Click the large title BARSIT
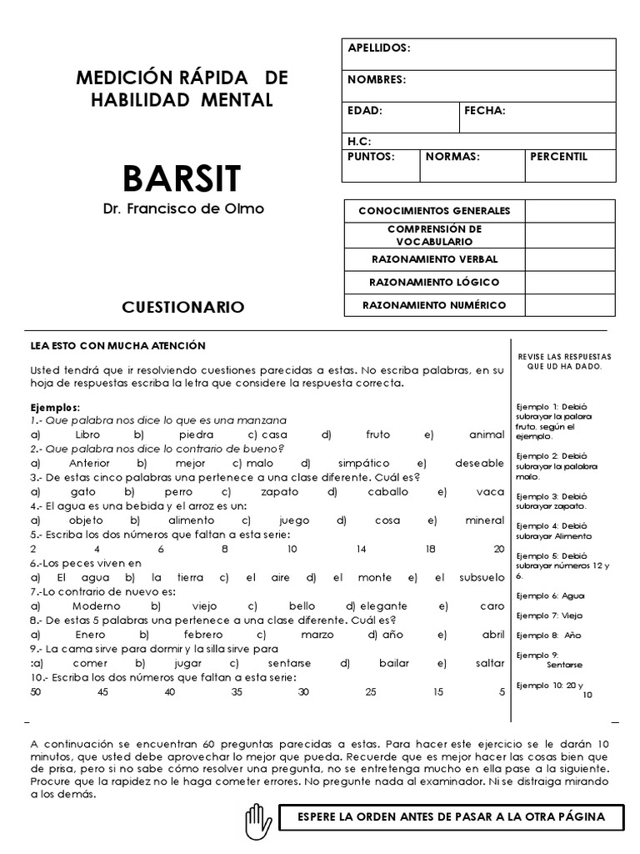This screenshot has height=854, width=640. tap(182, 178)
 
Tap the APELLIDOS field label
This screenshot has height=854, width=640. tap(379, 48)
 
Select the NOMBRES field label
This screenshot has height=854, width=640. tap(377, 80)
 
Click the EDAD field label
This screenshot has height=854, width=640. tap(364, 111)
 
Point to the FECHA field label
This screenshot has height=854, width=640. tap(485, 111)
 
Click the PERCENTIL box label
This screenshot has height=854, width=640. tap(559, 156)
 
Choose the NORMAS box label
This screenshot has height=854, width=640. tap(452, 156)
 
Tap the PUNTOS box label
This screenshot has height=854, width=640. tap(371, 156)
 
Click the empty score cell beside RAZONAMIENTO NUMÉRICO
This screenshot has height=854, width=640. tap(569, 305)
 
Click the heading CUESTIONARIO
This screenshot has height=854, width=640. tap(183, 308)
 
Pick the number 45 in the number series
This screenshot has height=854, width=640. tap(102, 691)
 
